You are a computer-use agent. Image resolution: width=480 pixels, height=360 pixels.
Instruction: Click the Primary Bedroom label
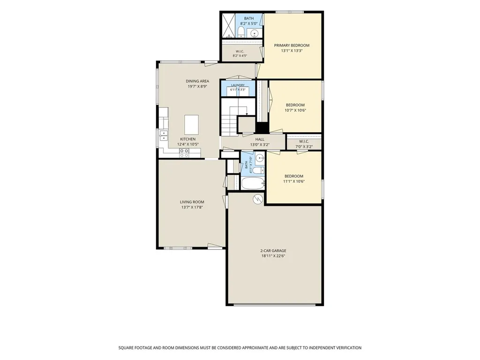pyautogui.click(x=292, y=45)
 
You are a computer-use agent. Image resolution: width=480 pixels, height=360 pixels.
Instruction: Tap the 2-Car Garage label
pyautogui.click(x=273, y=251)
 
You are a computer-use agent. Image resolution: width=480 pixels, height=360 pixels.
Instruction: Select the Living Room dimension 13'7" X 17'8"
pyautogui.click(x=192, y=207)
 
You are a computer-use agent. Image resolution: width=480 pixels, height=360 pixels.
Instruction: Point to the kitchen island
pyautogui.click(x=191, y=125)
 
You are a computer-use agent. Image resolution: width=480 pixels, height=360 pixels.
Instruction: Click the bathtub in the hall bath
pyautogui.click(x=253, y=183)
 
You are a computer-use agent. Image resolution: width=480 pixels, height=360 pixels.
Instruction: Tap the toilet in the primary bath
pyautogui.click(x=241, y=31)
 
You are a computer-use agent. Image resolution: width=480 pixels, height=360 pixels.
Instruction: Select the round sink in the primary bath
pyautogui.click(x=254, y=33)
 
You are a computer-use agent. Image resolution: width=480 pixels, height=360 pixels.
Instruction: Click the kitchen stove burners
pyautogui.click(x=184, y=153)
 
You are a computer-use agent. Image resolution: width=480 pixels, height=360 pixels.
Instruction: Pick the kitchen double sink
pyautogui.click(x=164, y=135)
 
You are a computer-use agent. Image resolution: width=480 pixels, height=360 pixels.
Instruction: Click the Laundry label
pyautogui.click(x=238, y=85)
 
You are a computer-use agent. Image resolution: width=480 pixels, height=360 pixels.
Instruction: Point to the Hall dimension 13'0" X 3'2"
pyautogui.click(x=260, y=145)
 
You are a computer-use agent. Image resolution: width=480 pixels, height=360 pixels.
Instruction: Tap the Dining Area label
pyautogui.click(x=197, y=81)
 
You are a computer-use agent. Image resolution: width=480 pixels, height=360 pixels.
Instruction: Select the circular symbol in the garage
pyautogui.click(x=258, y=199)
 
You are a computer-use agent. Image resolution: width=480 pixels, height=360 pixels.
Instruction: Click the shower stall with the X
pyautogui.click(x=228, y=25)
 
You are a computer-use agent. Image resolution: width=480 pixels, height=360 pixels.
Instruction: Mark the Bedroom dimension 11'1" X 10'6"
pyautogui.click(x=294, y=181)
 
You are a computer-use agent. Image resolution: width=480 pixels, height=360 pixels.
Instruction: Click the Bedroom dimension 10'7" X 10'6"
pyautogui.click(x=295, y=111)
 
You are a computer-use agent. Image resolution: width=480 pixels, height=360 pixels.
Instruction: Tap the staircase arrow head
pyautogui.click(x=247, y=114)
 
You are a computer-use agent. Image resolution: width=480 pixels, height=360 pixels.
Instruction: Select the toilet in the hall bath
pyautogui.click(x=259, y=170)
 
